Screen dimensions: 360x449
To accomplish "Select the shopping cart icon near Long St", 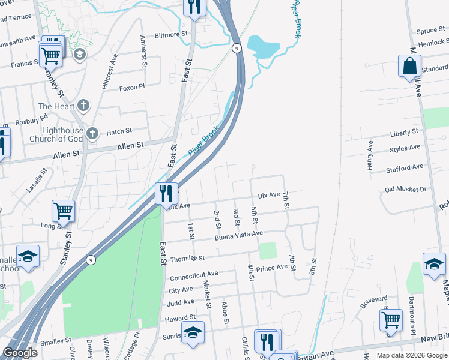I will [63, 211].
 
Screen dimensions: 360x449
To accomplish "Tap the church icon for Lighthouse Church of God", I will [92, 133].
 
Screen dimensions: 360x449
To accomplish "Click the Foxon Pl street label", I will [132, 86].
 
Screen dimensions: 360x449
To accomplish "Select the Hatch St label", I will [119, 131].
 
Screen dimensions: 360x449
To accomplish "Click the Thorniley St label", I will [187, 258].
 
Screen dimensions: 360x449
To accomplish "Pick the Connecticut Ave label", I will [194, 276].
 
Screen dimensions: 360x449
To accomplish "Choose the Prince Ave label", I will [272, 267].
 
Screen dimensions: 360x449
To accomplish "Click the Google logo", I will [20, 353].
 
